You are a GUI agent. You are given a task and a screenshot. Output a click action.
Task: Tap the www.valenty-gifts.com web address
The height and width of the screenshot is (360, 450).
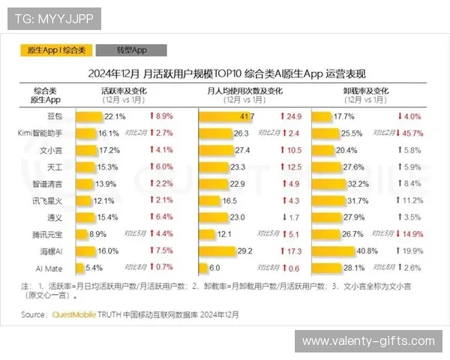coord(368,341)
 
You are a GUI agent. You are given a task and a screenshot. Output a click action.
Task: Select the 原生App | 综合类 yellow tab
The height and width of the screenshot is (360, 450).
coord(57,50)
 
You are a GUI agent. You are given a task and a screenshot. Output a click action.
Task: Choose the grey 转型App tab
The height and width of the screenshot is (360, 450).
coord(131,50)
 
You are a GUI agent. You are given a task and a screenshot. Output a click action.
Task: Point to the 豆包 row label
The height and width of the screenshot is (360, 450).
coord(55,117)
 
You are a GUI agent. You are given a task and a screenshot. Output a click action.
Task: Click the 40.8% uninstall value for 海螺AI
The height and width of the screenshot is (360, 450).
coord(367,250)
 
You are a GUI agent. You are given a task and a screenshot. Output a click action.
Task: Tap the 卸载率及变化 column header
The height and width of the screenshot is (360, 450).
coord(368,90)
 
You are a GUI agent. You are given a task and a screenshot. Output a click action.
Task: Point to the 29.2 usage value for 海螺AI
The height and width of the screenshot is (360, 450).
coord(244,250)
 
